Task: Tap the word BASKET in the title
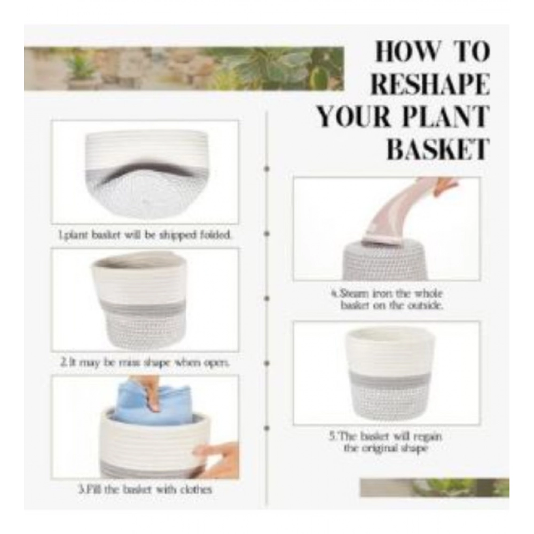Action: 437,150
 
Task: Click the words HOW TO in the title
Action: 432,52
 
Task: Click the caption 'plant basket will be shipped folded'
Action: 145,235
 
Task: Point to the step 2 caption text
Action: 144,362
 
